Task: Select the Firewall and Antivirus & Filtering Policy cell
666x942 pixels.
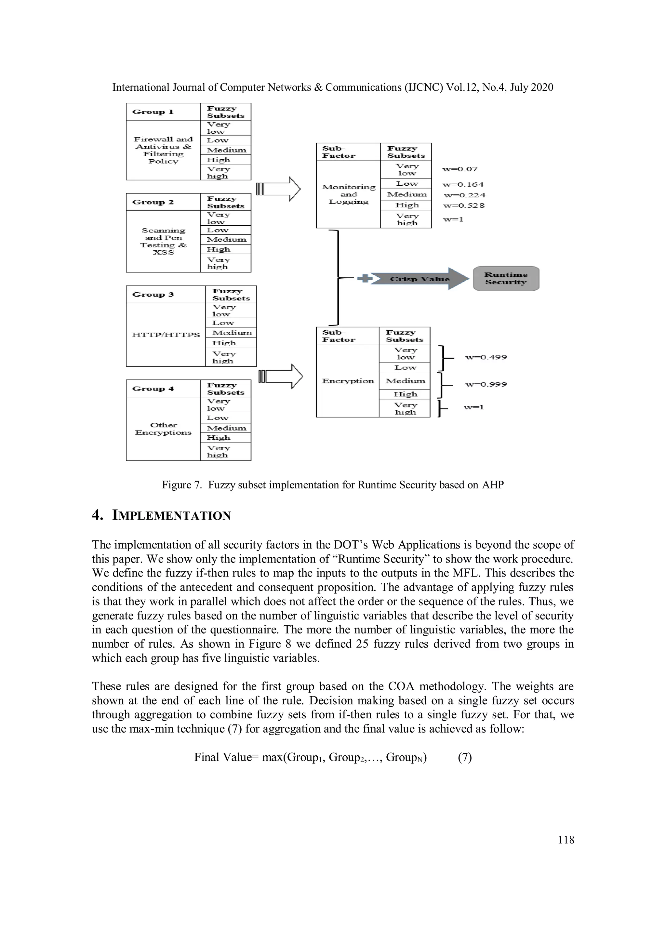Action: pos(163,150)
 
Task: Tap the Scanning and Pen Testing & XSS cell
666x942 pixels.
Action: pos(163,241)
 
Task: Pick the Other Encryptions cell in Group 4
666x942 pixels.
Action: pos(163,429)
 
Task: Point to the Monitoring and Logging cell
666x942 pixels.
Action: pos(348,194)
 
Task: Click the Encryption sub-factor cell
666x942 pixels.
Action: pos(348,381)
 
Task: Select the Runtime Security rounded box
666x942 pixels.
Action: pos(506,279)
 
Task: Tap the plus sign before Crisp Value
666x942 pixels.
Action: pos(365,279)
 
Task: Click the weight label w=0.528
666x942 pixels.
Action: pos(464,206)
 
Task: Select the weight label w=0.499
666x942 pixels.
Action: pos(486,357)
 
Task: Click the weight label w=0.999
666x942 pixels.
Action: pos(486,384)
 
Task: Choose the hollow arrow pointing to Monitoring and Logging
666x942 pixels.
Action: pos(279,189)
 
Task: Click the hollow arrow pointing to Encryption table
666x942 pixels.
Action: pos(281,376)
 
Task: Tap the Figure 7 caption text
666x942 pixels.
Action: pos(332,485)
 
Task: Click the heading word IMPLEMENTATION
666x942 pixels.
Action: pos(171,515)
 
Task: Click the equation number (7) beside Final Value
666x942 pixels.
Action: pos(464,757)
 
